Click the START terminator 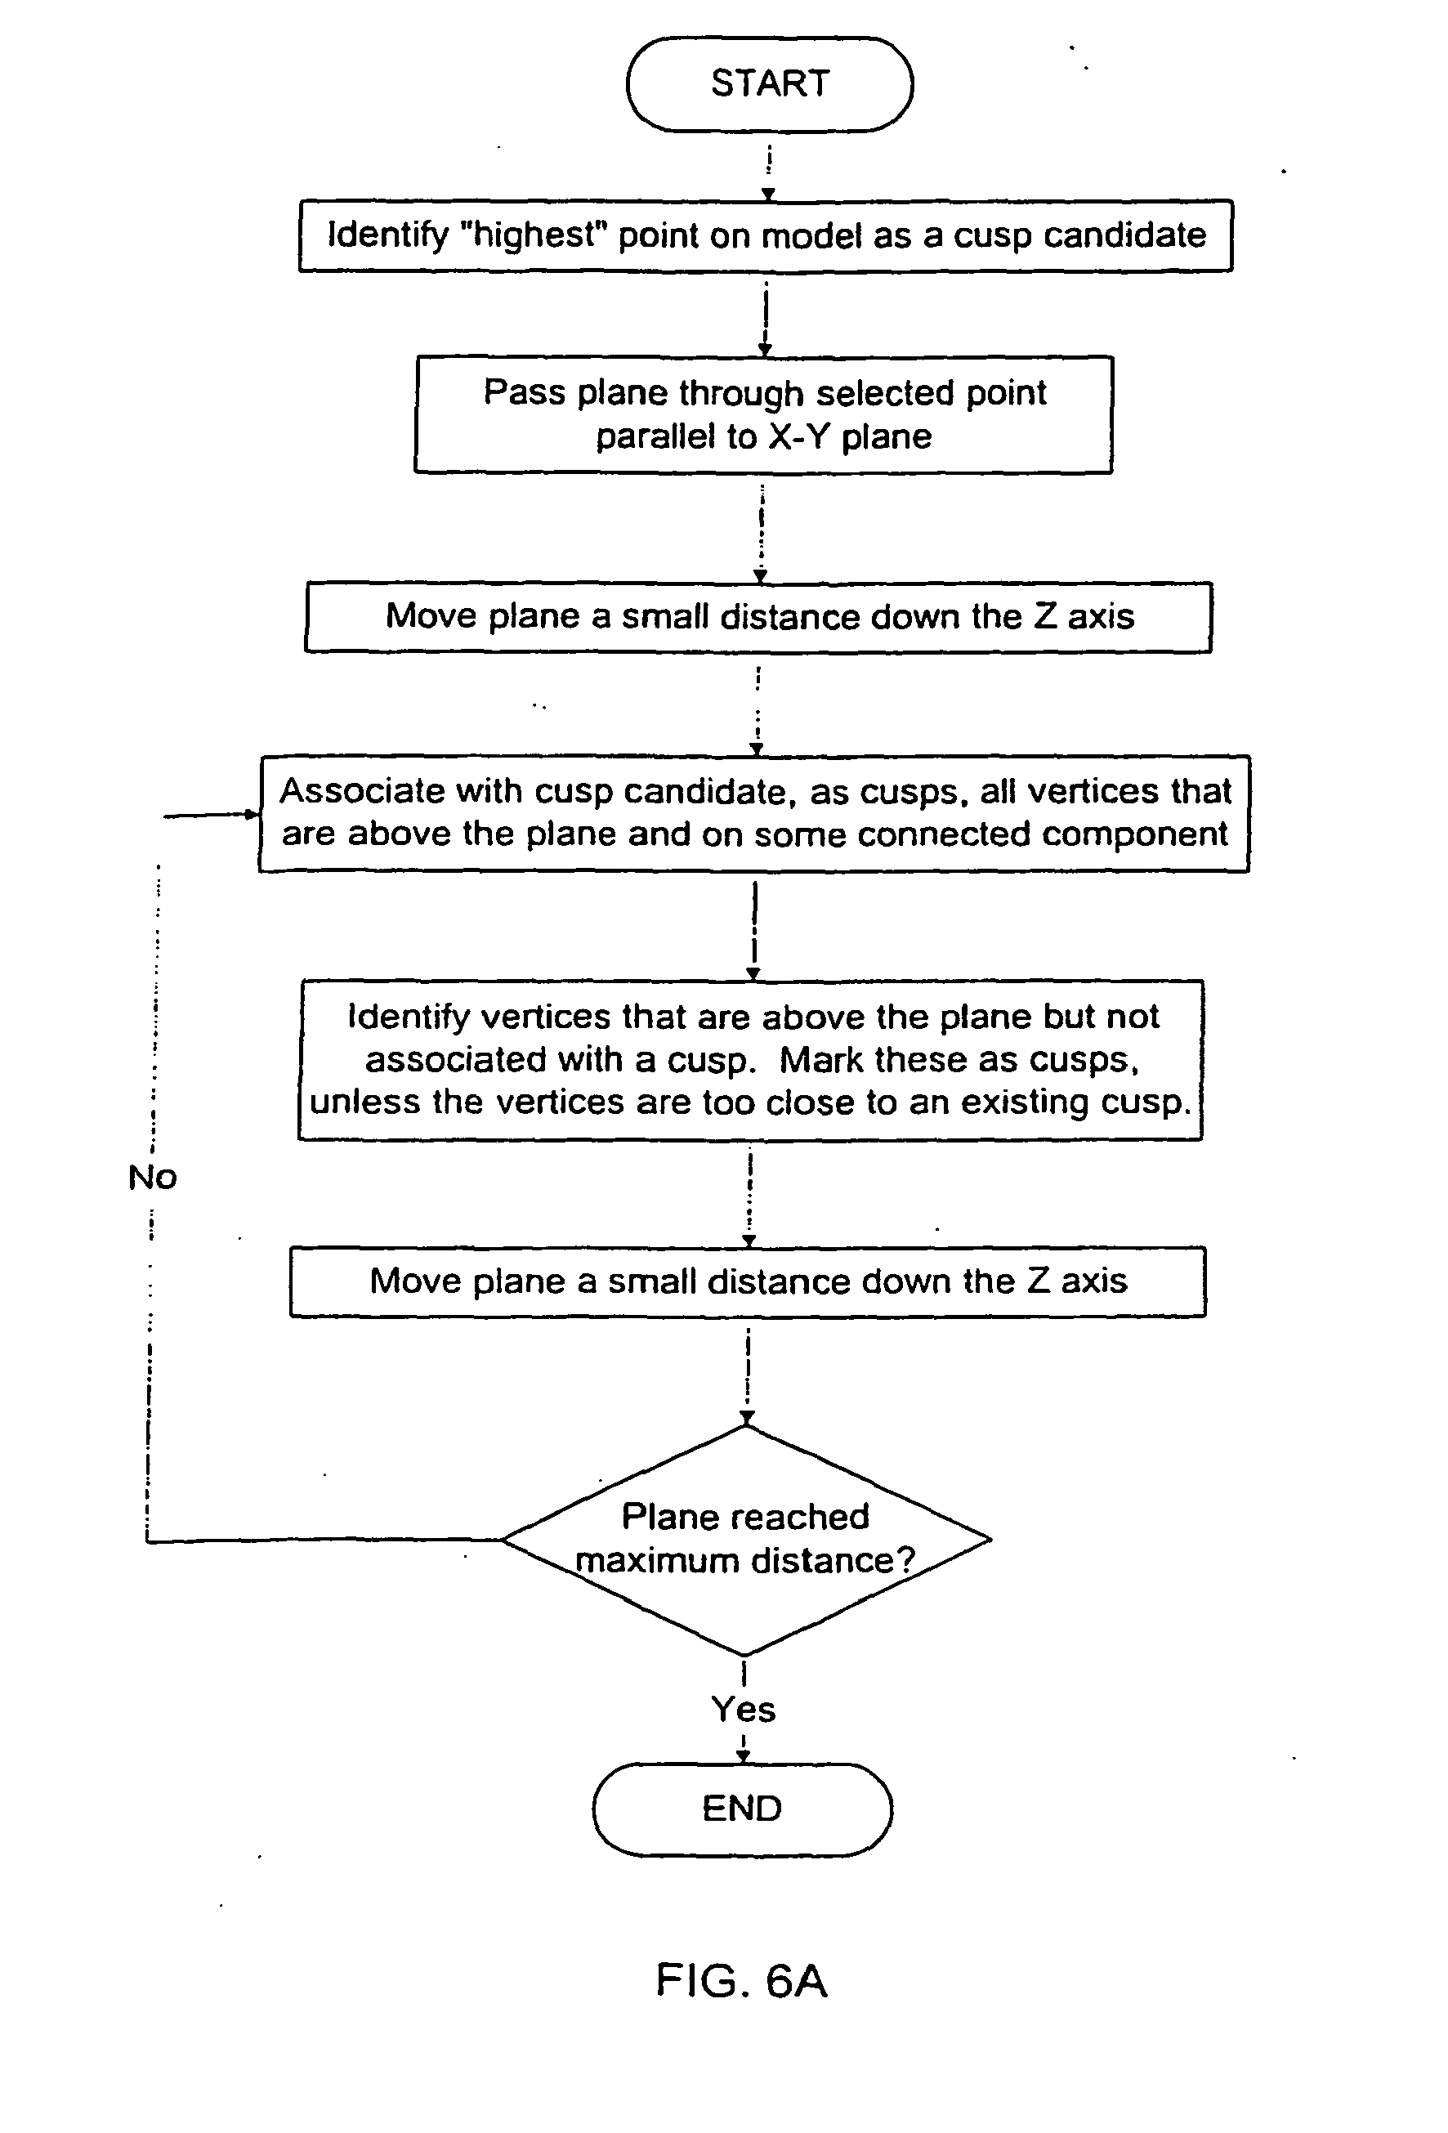point(769,83)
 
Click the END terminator point(741,1809)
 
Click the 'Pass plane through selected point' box point(763,414)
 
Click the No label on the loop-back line point(152,1177)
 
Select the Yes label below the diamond point(744,1710)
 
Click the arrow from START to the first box point(769,171)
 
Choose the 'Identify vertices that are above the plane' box point(751,1059)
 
